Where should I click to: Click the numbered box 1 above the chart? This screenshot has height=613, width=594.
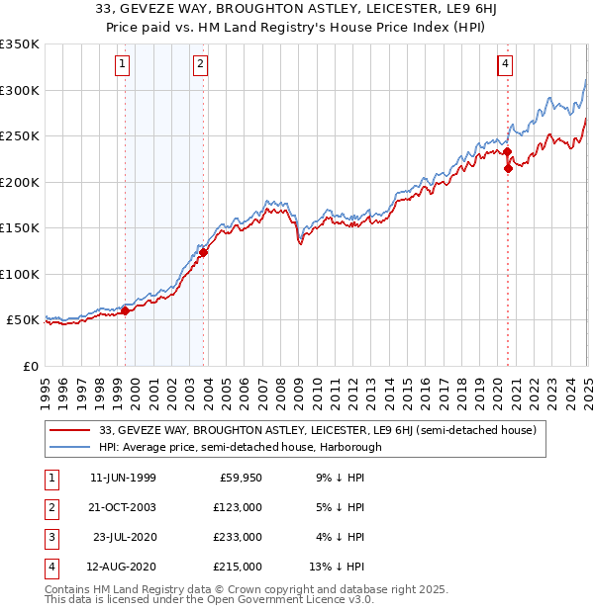pos(122,65)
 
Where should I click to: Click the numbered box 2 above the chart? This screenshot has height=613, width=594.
pos(200,65)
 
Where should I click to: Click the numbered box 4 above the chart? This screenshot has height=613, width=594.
pos(505,65)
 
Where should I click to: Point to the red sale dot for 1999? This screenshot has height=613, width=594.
pos(126,310)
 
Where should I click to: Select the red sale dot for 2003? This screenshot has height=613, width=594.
pos(204,252)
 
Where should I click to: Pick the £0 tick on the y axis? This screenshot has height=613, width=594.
pos(30,366)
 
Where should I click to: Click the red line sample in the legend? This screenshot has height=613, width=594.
pos(70,430)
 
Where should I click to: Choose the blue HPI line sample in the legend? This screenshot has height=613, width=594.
pos(70,447)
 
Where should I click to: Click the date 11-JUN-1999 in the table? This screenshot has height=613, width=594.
pos(123,479)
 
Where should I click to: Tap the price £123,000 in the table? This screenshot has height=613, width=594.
pos(238,508)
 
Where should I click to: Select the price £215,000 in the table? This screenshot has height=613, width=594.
pos(238,567)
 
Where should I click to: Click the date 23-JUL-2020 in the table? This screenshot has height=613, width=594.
pos(123,537)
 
